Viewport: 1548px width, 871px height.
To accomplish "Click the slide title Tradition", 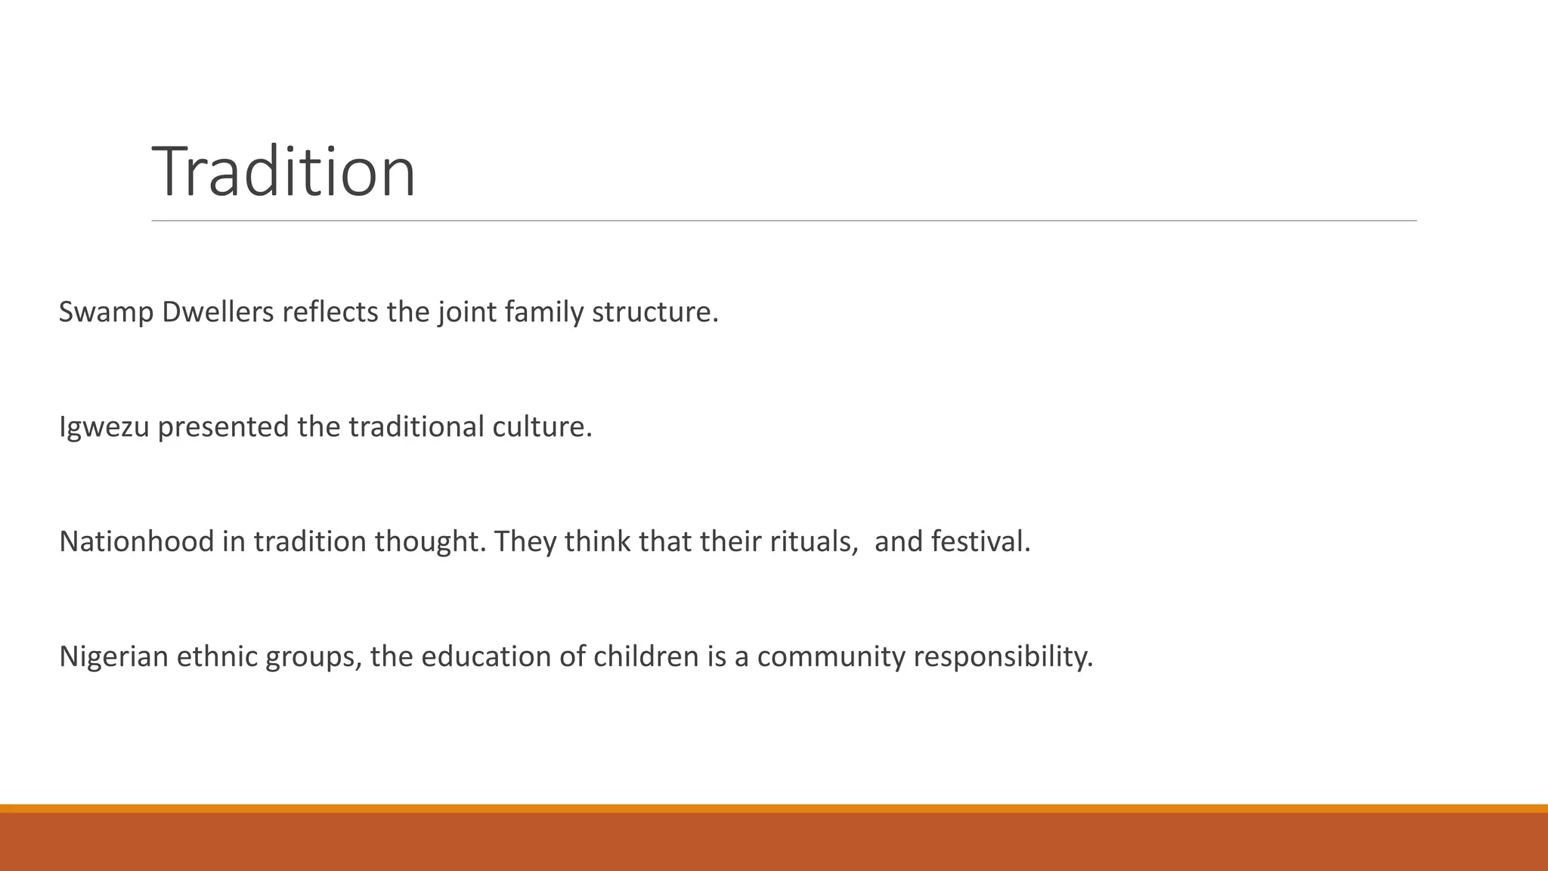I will pos(283,172).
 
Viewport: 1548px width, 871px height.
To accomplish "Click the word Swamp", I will pos(106,312).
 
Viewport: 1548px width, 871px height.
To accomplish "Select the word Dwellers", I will pos(218,312).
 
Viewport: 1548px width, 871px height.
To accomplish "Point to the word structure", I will pos(655,312).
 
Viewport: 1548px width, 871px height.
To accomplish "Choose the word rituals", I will pos(813,542).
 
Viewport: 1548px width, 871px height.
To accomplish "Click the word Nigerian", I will pos(113,656).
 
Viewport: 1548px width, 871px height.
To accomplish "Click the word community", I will pos(831,656).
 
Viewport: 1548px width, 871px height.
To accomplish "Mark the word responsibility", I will pos(1003,656).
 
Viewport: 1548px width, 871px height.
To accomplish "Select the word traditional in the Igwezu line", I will pos(416,427).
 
